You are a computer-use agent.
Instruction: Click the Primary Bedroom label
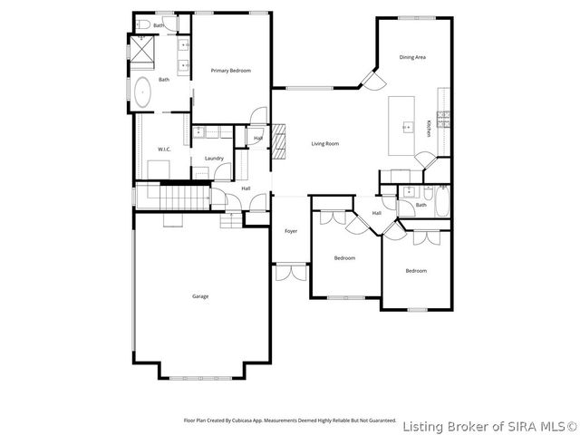(x=230, y=71)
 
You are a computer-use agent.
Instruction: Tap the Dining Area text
(x=412, y=57)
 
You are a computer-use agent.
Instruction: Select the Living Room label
(x=324, y=144)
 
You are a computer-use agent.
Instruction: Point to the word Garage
(x=200, y=296)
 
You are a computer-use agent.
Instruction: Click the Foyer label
(x=291, y=231)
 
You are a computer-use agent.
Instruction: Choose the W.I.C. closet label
(x=165, y=150)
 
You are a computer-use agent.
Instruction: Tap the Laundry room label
(x=214, y=159)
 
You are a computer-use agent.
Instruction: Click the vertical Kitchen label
(x=429, y=128)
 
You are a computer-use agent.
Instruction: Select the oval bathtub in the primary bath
(x=144, y=93)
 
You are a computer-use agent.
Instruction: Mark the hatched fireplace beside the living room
(x=281, y=138)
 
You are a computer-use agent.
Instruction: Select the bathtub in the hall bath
(x=441, y=202)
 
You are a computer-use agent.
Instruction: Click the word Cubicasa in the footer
(x=251, y=420)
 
